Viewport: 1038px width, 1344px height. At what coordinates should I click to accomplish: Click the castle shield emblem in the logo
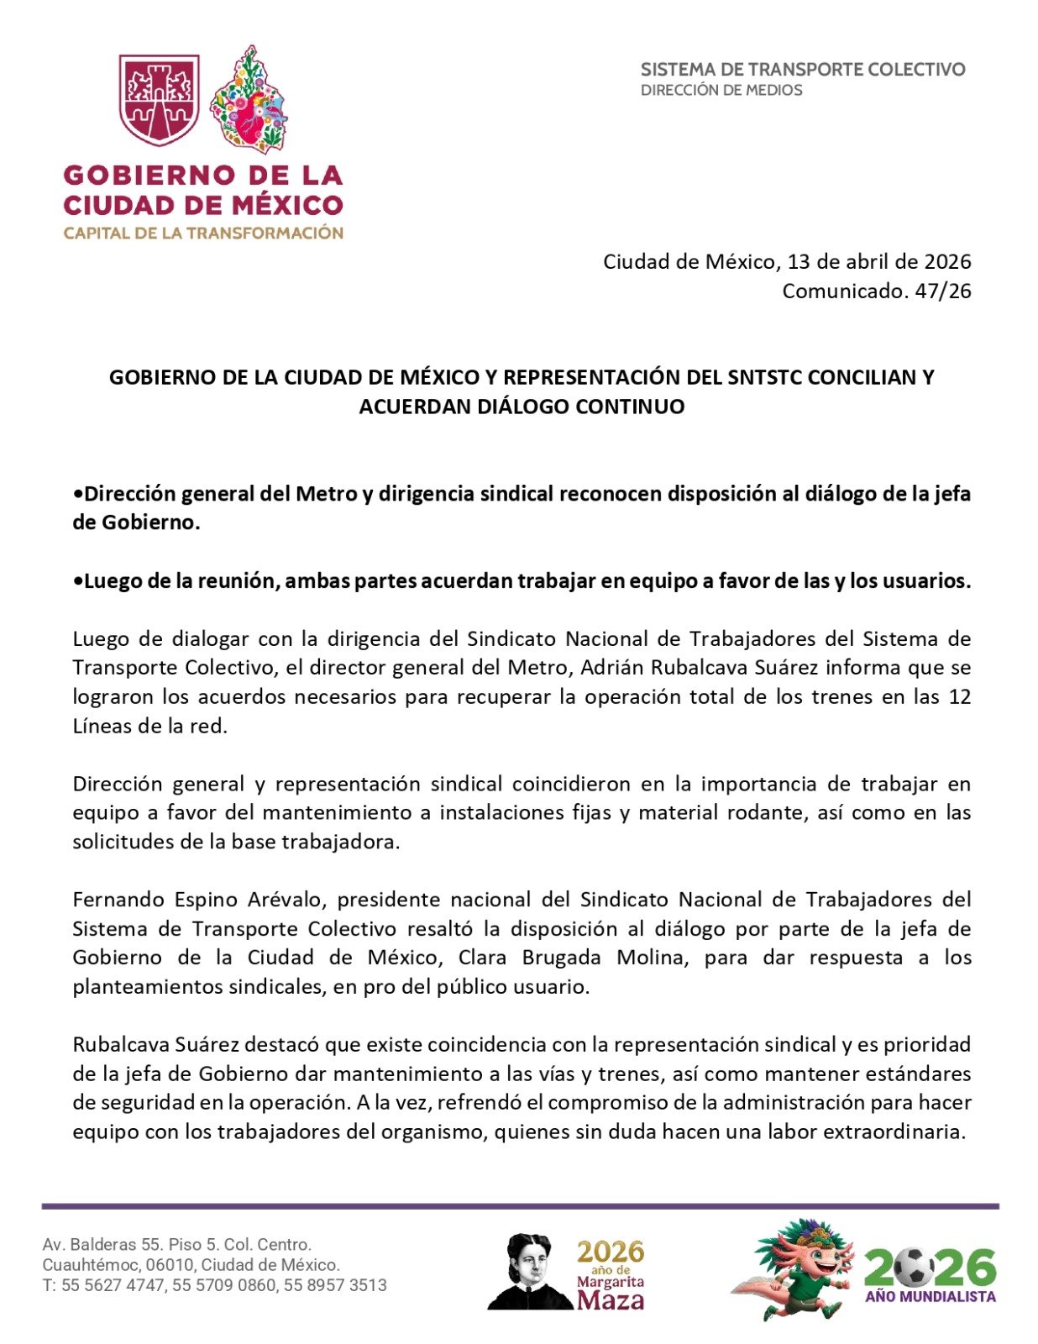point(159,99)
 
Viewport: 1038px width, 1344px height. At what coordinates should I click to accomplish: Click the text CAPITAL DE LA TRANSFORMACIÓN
point(203,234)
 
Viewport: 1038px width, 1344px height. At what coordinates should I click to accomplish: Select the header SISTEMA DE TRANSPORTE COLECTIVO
point(803,70)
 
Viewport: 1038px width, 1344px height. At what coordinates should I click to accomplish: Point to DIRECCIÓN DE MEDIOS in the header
point(721,90)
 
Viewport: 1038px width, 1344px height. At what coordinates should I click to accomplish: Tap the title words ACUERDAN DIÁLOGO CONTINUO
point(522,407)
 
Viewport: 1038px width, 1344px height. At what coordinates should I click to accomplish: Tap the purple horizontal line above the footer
point(520,1206)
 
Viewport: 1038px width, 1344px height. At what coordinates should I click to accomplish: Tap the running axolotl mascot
point(794,1268)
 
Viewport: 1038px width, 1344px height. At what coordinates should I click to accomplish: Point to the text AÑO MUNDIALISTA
point(931,1297)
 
